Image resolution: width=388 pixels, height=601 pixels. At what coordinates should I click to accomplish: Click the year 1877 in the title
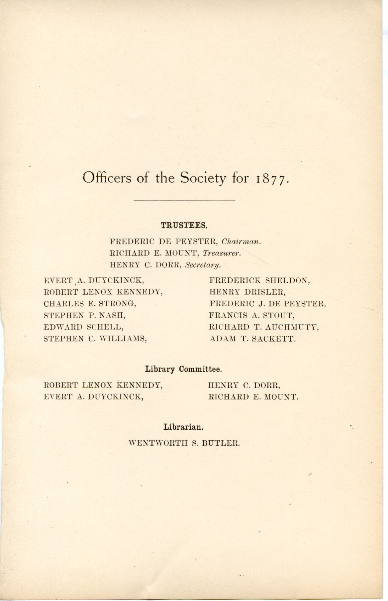pyautogui.click(x=271, y=179)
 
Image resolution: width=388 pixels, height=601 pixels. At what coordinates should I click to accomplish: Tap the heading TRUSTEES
pyautogui.click(x=184, y=225)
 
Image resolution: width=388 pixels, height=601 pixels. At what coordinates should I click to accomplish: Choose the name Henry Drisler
pyautogui.click(x=247, y=292)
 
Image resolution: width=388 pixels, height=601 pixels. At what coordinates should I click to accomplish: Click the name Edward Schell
pyautogui.click(x=84, y=327)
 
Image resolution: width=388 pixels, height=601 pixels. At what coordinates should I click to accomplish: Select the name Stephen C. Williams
pyautogui.click(x=95, y=339)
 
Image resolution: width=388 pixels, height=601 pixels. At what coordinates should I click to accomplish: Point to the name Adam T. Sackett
pyautogui.click(x=252, y=339)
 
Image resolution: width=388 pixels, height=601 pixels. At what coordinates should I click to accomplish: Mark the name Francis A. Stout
pyautogui.click(x=252, y=315)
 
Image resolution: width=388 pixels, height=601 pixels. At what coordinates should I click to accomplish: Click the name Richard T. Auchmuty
pyautogui.click(x=264, y=327)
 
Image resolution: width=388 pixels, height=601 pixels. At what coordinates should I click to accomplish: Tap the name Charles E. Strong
pyautogui.click(x=90, y=303)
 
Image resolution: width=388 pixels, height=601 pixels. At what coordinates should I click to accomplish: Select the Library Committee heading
pyautogui.click(x=183, y=369)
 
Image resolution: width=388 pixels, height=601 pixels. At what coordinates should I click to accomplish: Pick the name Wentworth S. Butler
pyautogui.click(x=184, y=443)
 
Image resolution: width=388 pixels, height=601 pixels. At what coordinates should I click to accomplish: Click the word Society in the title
pyautogui.click(x=203, y=178)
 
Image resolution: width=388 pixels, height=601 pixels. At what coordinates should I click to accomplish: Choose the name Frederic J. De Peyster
pyautogui.click(x=267, y=303)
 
